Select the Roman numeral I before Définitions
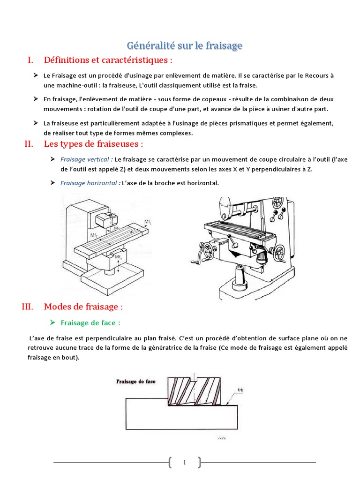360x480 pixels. pos(30,60)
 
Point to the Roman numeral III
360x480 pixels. pos(28,307)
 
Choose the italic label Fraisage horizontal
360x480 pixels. pos(89,183)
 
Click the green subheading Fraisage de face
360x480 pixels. pos(90,322)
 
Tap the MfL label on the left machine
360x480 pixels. pos(148,222)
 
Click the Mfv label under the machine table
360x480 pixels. pos(119,257)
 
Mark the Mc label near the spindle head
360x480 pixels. pos(117,228)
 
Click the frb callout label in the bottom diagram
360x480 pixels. pos(240,390)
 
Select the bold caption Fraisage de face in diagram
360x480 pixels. pos(136,382)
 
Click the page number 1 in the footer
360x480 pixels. pos(184,463)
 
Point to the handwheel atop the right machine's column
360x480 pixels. pos(278,202)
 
